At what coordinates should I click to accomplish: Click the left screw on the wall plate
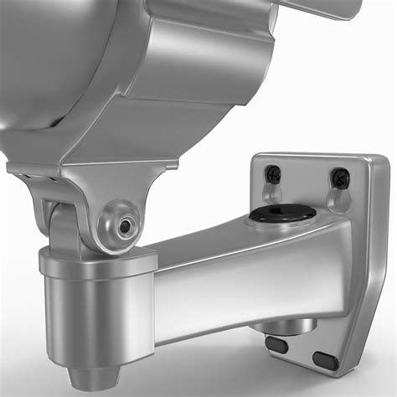273,174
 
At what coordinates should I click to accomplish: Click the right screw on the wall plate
339,178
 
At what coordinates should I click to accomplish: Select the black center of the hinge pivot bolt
124,226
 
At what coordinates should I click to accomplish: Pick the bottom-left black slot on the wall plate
276,345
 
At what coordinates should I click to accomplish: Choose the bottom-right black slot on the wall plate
325,360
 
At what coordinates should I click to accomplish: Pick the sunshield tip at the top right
335,8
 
